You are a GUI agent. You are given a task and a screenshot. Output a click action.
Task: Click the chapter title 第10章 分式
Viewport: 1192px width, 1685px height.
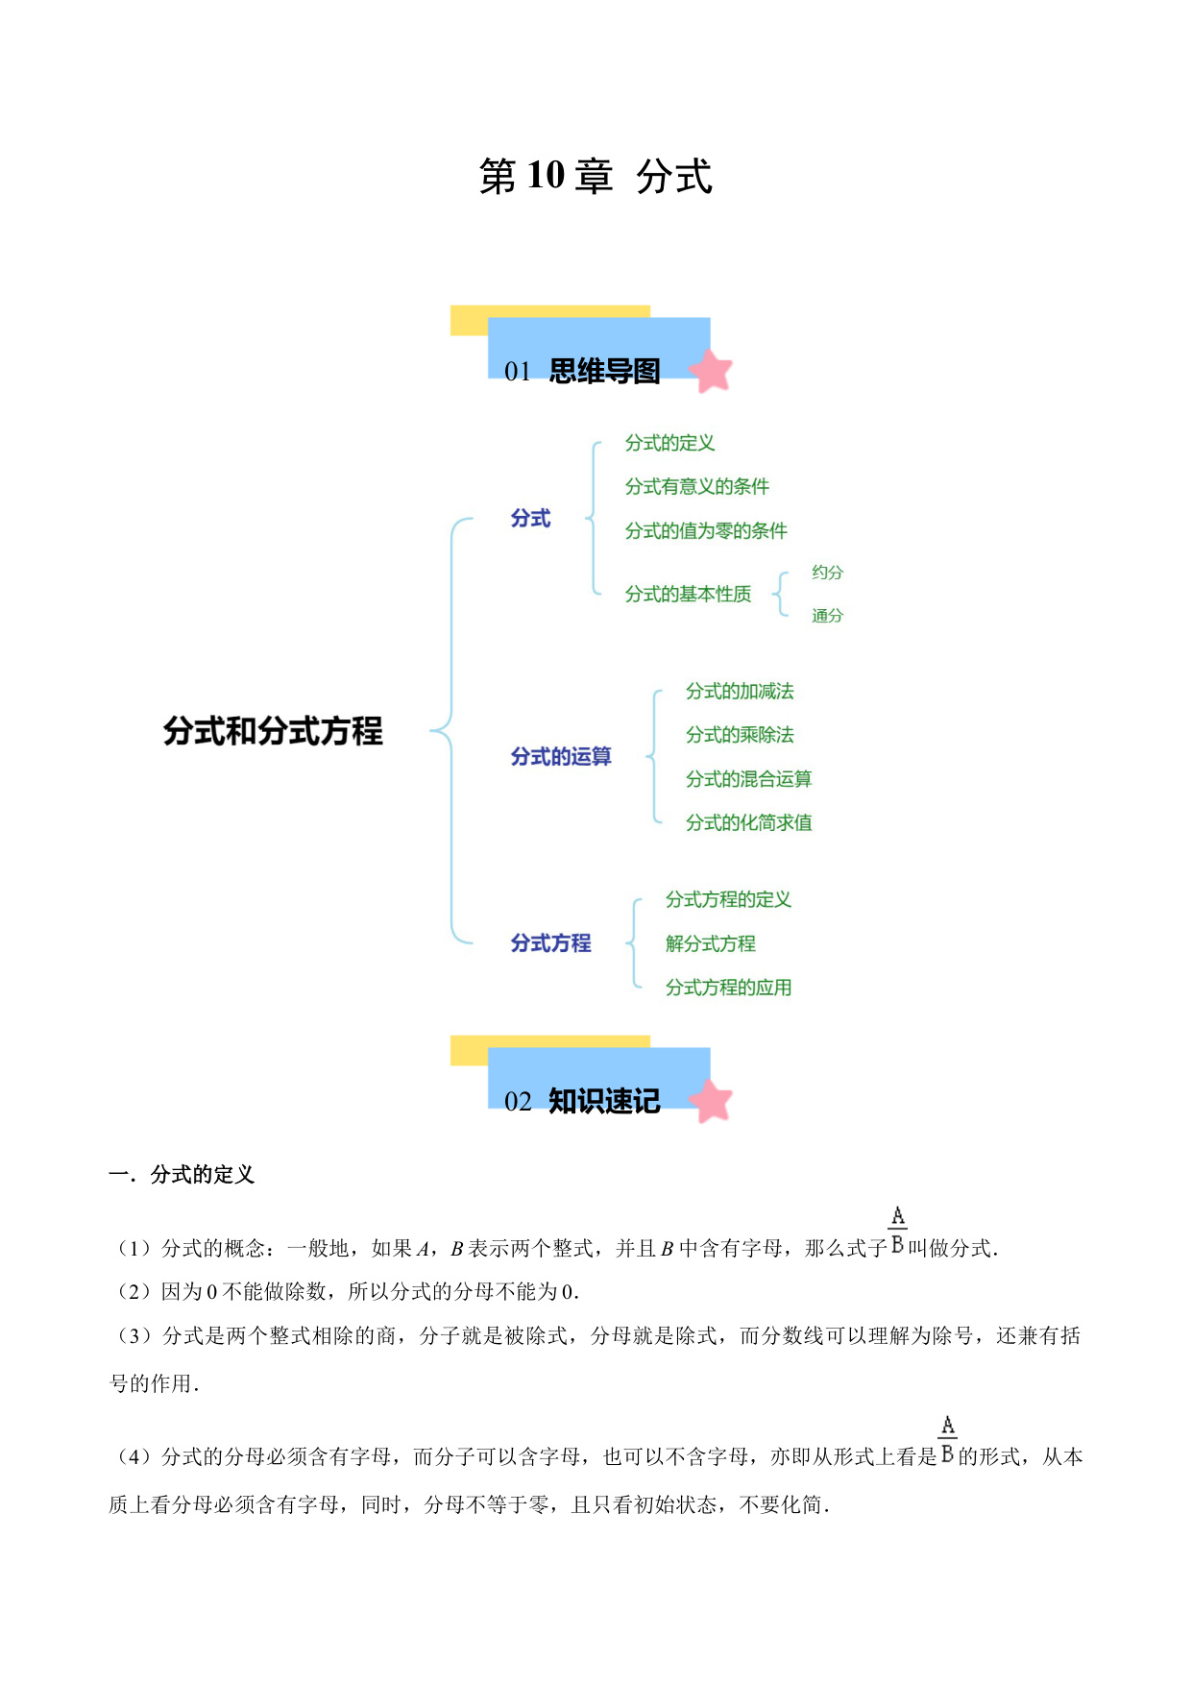[x=596, y=177]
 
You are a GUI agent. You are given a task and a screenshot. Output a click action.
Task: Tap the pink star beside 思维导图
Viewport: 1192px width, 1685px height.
[x=711, y=371]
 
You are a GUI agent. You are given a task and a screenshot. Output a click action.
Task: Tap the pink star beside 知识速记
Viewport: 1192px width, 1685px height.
[x=711, y=1101]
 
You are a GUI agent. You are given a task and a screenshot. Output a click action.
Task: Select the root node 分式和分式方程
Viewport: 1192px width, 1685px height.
[x=273, y=731]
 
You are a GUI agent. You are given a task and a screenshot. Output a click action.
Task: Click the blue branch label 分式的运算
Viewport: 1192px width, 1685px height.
[x=561, y=757]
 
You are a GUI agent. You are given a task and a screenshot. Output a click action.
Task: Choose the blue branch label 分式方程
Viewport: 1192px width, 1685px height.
[x=550, y=943]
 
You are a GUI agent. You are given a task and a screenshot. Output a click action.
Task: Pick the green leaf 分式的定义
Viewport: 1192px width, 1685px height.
[x=669, y=443]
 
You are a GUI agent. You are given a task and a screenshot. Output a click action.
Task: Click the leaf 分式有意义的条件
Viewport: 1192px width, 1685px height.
[x=696, y=486]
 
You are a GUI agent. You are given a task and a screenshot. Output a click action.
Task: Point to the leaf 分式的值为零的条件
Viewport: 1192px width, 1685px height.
[x=706, y=530]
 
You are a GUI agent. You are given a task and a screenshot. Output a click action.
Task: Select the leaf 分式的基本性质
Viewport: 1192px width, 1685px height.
[x=688, y=594]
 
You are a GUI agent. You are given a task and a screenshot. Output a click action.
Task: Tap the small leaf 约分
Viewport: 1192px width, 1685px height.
[x=827, y=573]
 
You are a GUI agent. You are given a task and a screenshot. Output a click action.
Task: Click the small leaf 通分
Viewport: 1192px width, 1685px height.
[x=827, y=616]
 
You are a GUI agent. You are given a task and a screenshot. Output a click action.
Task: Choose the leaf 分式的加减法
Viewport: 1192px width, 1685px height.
[x=740, y=692]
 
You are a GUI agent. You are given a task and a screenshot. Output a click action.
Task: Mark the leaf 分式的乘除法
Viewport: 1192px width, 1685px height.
[x=740, y=735]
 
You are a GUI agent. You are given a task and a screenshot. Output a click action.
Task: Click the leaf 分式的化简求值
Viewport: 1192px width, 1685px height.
[x=748, y=822]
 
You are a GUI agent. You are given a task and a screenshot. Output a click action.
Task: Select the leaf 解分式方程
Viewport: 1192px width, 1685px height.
[x=710, y=943]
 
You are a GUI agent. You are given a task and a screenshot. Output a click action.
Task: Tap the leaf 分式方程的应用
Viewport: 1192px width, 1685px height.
[x=728, y=988]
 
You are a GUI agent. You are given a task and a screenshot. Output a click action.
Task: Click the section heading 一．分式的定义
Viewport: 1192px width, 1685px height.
[x=182, y=1175]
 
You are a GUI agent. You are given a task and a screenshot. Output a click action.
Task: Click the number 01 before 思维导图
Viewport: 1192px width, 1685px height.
[x=518, y=372]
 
